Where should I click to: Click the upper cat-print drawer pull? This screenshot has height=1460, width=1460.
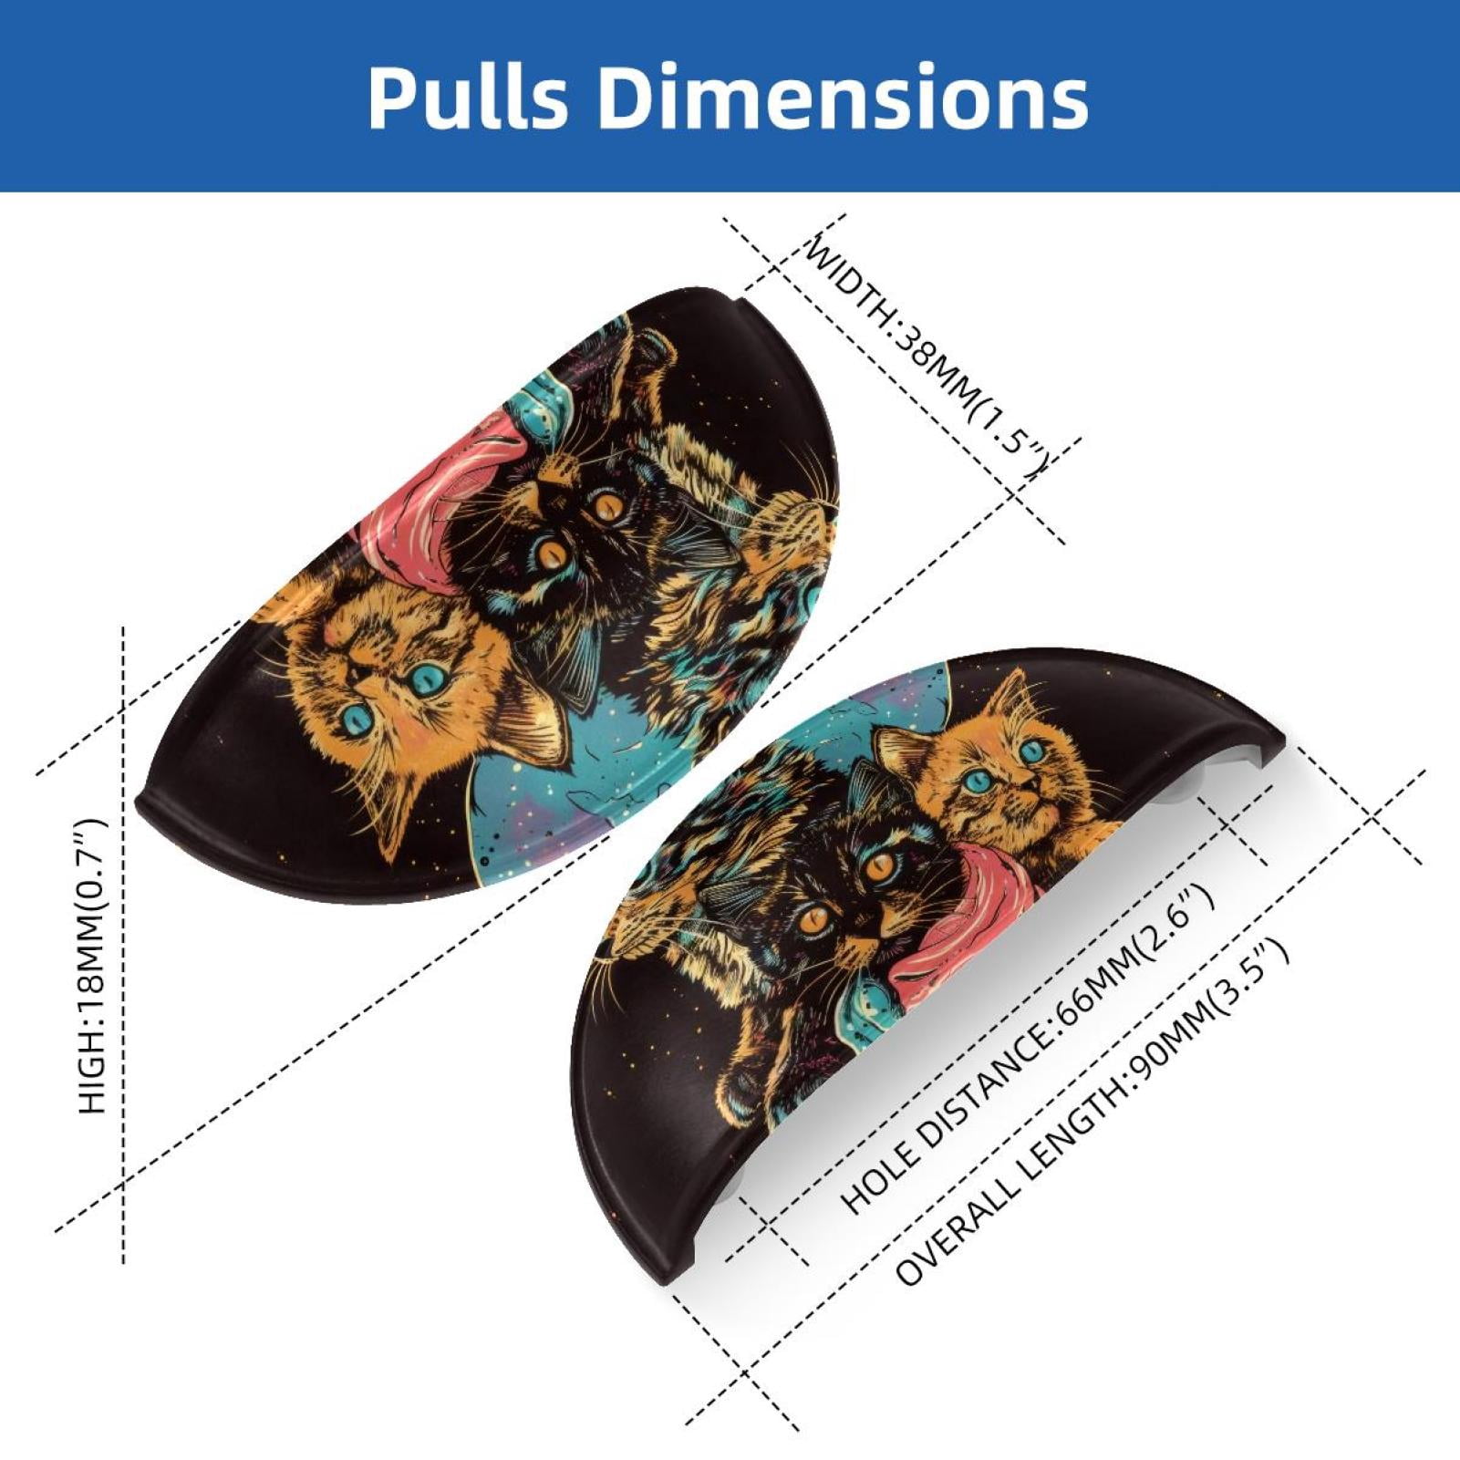tap(492, 593)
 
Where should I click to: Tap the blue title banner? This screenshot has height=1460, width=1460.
tap(730, 96)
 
